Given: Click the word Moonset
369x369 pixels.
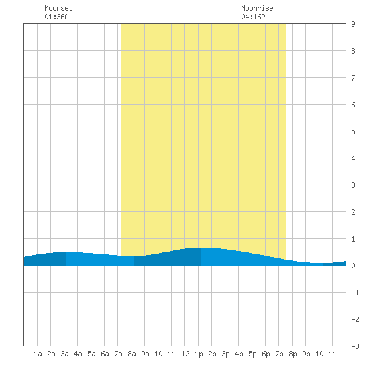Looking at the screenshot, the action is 58,8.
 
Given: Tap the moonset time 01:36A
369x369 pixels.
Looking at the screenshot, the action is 56,17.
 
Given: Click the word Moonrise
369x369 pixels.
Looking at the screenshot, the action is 257,8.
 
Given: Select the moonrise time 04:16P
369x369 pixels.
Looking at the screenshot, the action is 253,17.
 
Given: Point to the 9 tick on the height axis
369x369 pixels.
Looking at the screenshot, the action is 353,24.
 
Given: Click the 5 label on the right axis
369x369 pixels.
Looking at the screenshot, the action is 353,131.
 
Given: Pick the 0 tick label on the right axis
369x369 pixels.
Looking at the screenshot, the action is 353,266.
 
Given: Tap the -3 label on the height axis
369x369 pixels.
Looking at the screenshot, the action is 355,346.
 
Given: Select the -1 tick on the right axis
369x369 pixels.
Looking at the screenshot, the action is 355,293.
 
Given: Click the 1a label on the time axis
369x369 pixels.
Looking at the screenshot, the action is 38,354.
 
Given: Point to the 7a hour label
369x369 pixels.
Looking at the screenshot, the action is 118,354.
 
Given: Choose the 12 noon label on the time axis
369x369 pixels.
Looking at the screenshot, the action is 185,354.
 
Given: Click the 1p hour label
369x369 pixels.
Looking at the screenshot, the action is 199,354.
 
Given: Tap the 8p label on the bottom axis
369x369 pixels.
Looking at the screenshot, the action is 293,354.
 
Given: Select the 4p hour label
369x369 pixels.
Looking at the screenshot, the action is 239,354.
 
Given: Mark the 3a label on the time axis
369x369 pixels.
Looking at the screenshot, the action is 64,354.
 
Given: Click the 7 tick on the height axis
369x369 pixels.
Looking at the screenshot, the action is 353,78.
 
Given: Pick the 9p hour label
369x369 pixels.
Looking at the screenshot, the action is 306,354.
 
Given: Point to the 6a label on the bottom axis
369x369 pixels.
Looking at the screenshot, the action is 105,354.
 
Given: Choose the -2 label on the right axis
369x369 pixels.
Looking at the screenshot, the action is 355,319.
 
